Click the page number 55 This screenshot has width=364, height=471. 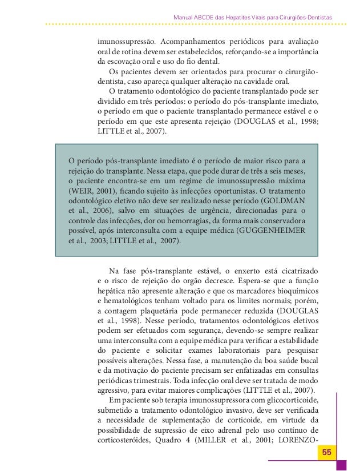coord(327,453)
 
